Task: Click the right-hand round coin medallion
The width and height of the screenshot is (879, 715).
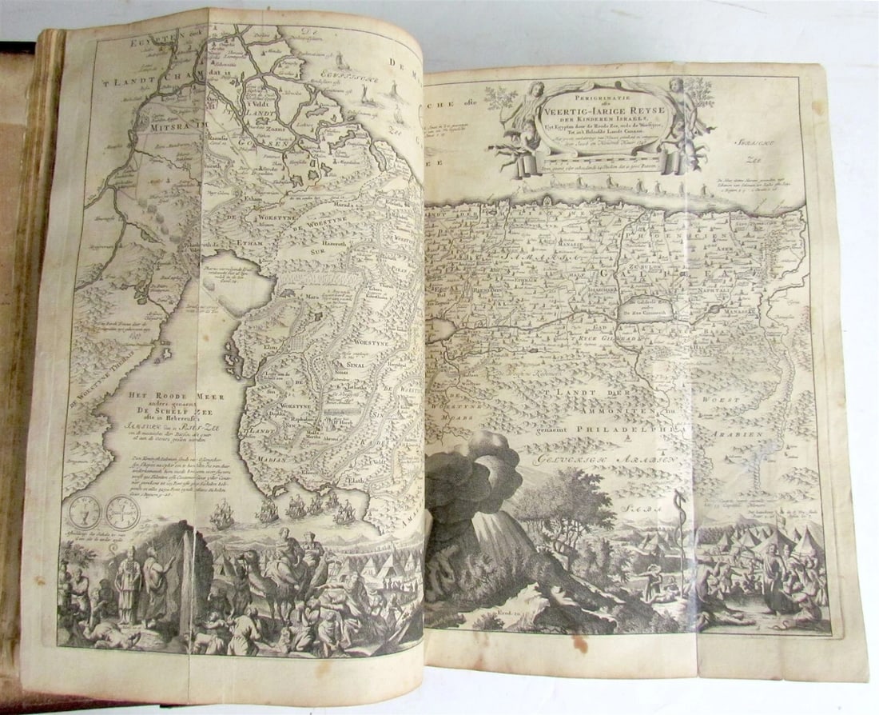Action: point(123,511)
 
